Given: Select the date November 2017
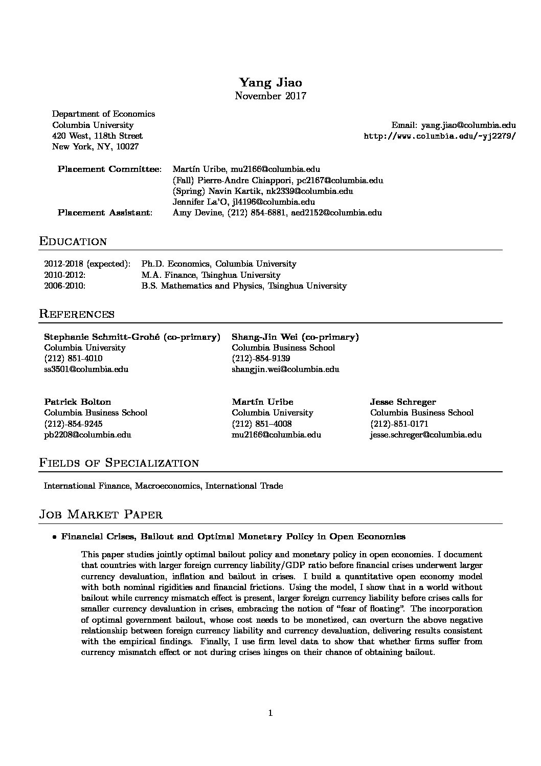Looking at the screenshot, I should [x=270, y=96].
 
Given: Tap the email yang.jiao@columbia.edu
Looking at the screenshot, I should [x=468, y=125].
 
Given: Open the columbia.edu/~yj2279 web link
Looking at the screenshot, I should [x=439, y=136].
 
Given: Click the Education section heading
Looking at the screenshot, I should [x=73, y=242].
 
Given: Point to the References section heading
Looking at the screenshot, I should [x=77, y=314].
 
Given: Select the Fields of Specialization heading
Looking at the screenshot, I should [x=119, y=463].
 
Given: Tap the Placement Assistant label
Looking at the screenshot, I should [x=105, y=213].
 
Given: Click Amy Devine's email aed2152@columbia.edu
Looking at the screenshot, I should [x=336, y=213].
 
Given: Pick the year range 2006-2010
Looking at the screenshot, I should [x=64, y=286].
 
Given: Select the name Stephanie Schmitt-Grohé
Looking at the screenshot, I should [x=102, y=337].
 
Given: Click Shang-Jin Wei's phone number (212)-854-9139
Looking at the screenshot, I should [x=261, y=359].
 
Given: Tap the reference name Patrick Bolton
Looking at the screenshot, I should [x=77, y=402].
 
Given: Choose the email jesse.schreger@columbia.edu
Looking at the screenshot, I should [x=425, y=435].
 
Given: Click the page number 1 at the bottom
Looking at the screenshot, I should [x=270, y=713].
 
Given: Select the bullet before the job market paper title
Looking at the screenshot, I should [x=54, y=537].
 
